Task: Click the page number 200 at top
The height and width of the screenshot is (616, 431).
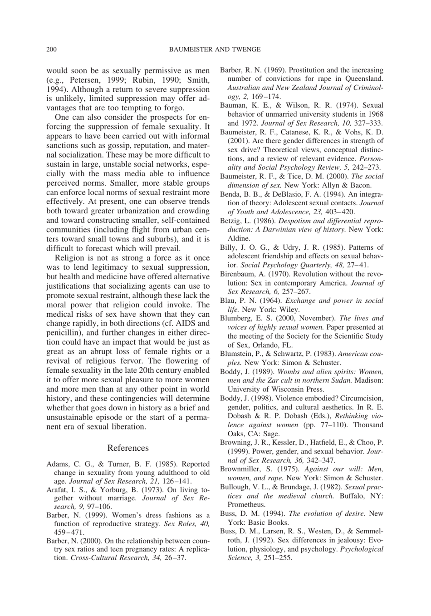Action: coord(51,49)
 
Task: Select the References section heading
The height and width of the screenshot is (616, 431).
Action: coord(128,448)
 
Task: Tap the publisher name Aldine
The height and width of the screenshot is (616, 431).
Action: coord(239,238)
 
